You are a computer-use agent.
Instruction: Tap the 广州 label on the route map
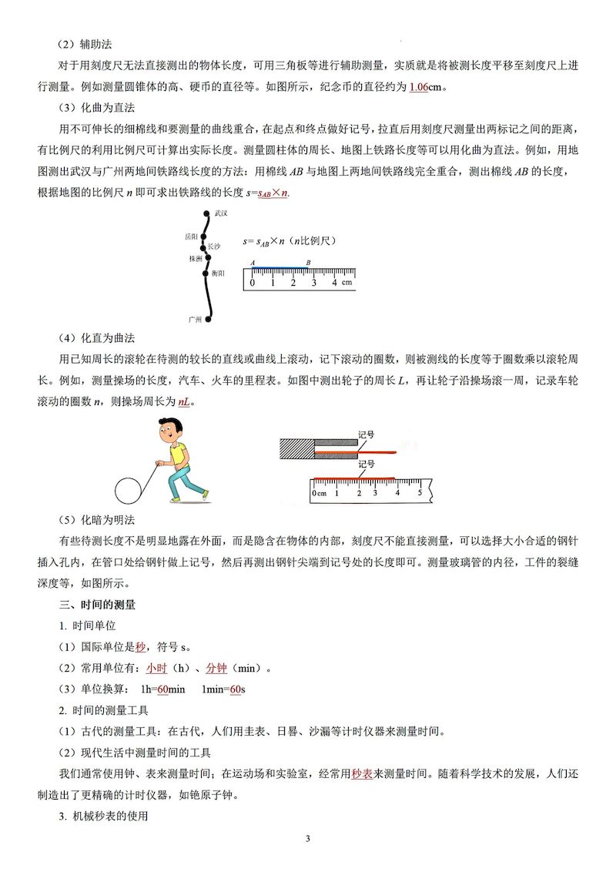[x=196, y=318]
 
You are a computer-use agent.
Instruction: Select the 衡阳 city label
[x=218, y=273]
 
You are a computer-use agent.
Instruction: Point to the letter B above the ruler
[x=308, y=263]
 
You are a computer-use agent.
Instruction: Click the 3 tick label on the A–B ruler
[x=313, y=283]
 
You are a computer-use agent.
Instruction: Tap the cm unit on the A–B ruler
[x=347, y=283]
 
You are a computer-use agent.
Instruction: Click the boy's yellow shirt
[x=178, y=455]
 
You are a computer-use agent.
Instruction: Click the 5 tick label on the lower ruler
[x=420, y=492]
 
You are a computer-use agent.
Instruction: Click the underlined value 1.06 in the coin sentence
[x=419, y=86]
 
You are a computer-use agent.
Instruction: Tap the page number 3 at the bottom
[x=307, y=838]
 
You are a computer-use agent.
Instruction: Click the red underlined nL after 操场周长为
[x=184, y=401]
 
